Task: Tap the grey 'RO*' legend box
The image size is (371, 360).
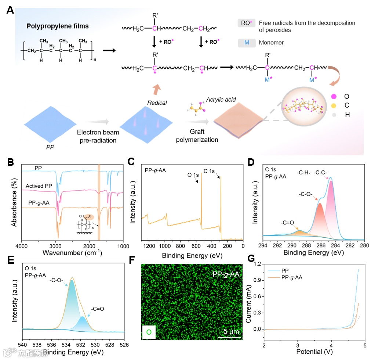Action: pyautogui.click(x=246, y=23)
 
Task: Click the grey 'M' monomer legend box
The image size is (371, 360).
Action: pyautogui.click(x=247, y=43)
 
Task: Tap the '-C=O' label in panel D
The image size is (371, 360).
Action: pyautogui.click(x=287, y=222)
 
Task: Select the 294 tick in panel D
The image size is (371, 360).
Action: pyautogui.click(x=263, y=245)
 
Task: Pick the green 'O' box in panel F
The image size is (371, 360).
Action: pyautogui.click(x=149, y=332)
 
